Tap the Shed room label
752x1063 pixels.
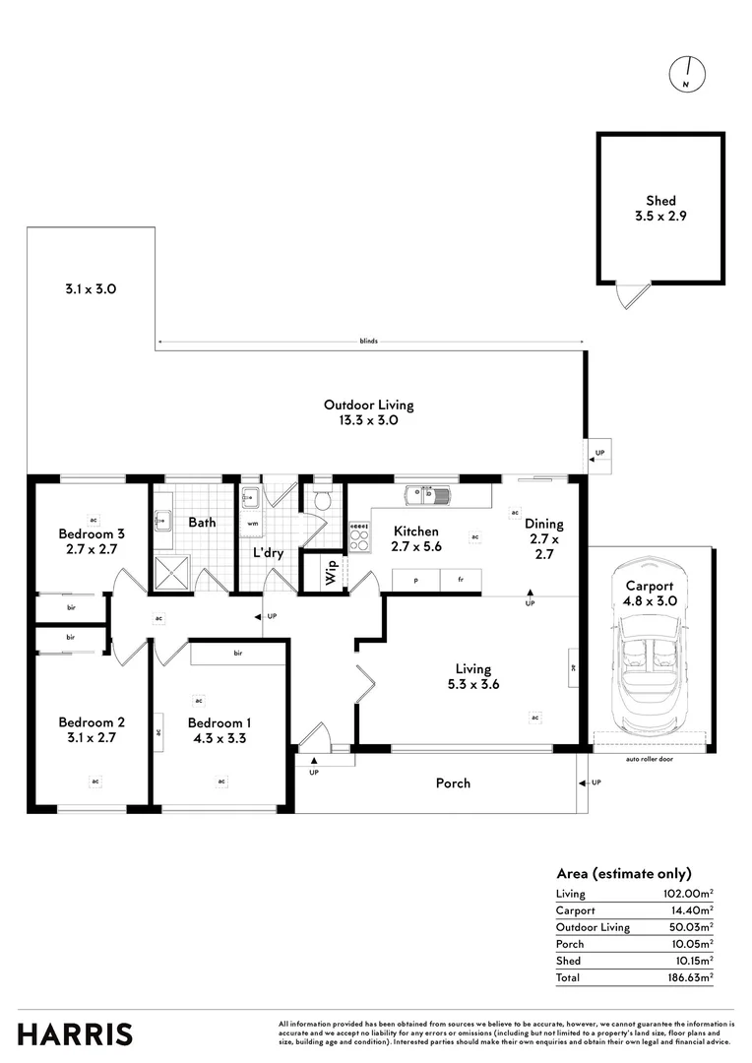[x=660, y=200]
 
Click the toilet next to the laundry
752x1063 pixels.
[x=321, y=501]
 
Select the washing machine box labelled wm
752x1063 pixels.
[x=253, y=523]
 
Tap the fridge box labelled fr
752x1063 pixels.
[x=460, y=581]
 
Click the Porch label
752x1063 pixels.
[x=453, y=783]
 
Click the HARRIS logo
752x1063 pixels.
[x=75, y=1034]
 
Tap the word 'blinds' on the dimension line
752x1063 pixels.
[x=369, y=342]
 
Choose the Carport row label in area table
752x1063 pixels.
[x=576, y=910]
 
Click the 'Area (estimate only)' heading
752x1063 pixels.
[x=623, y=873]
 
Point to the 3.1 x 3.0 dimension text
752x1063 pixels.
[x=92, y=289]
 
